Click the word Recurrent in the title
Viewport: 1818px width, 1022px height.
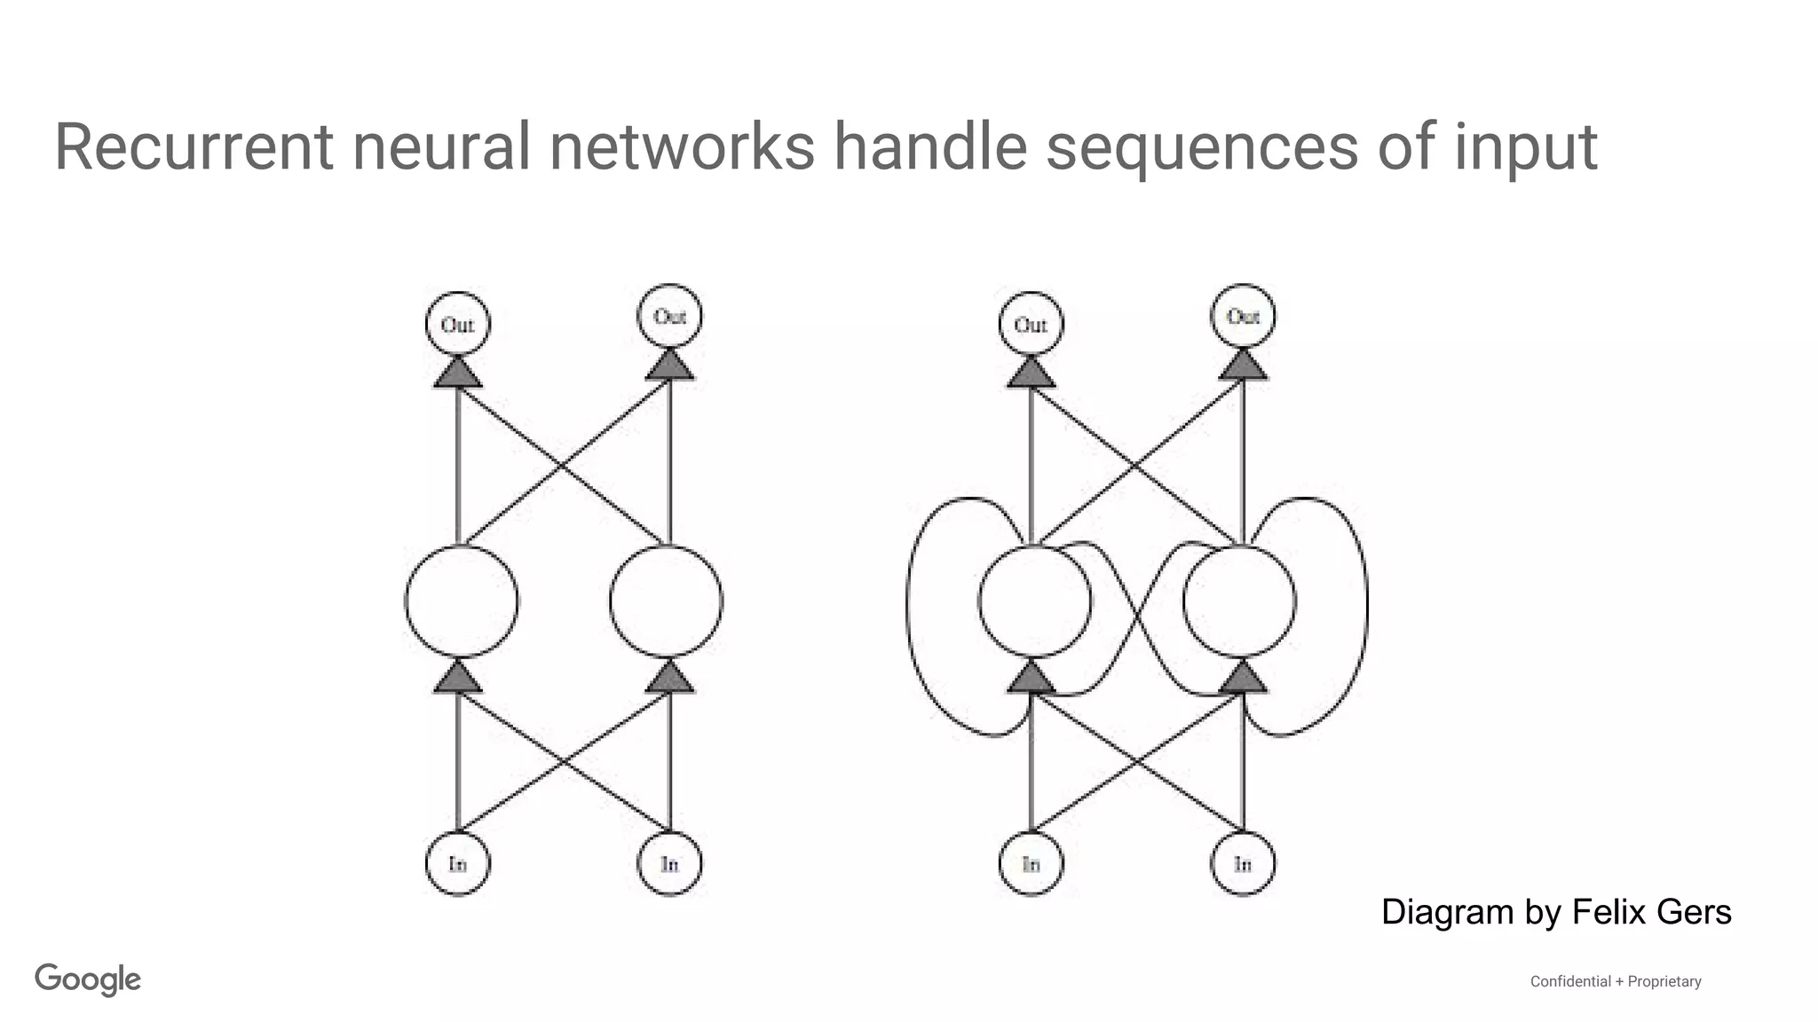[194, 147]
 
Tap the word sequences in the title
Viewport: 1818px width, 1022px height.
[1201, 147]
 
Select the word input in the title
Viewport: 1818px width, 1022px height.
[1525, 149]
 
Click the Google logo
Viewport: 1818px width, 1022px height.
[88, 979]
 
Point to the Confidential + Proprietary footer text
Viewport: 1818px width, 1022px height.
[1615, 981]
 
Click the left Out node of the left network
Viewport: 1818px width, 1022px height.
[457, 325]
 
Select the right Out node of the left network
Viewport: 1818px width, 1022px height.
[669, 317]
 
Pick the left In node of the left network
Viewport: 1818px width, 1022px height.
[457, 863]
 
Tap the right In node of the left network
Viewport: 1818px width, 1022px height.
[669, 863]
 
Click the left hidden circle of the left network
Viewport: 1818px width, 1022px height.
[461, 601]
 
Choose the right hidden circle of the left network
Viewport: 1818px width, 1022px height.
[666, 601]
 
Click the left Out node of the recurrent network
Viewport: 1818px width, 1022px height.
[1031, 325]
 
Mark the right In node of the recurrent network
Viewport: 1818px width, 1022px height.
[1243, 863]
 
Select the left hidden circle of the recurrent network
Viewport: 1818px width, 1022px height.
[1034, 601]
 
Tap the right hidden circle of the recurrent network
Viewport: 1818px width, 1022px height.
[1239, 601]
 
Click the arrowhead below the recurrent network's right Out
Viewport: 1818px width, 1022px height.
[1243, 366]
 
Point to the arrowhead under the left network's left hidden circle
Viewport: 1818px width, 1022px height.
[458, 679]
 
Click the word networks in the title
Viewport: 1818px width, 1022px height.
[681, 147]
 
